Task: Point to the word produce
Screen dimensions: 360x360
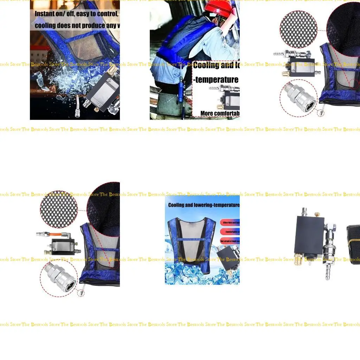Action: (x=94, y=25)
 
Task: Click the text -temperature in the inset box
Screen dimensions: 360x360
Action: (x=216, y=80)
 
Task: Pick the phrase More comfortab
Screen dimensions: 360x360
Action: (x=220, y=113)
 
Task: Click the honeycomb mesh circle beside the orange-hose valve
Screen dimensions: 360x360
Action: (x=59, y=209)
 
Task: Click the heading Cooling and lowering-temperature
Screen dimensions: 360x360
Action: (x=204, y=205)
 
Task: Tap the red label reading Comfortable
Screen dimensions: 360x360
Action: (x=230, y=232)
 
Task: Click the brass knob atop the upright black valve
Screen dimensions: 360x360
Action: (x=317, y=214)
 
